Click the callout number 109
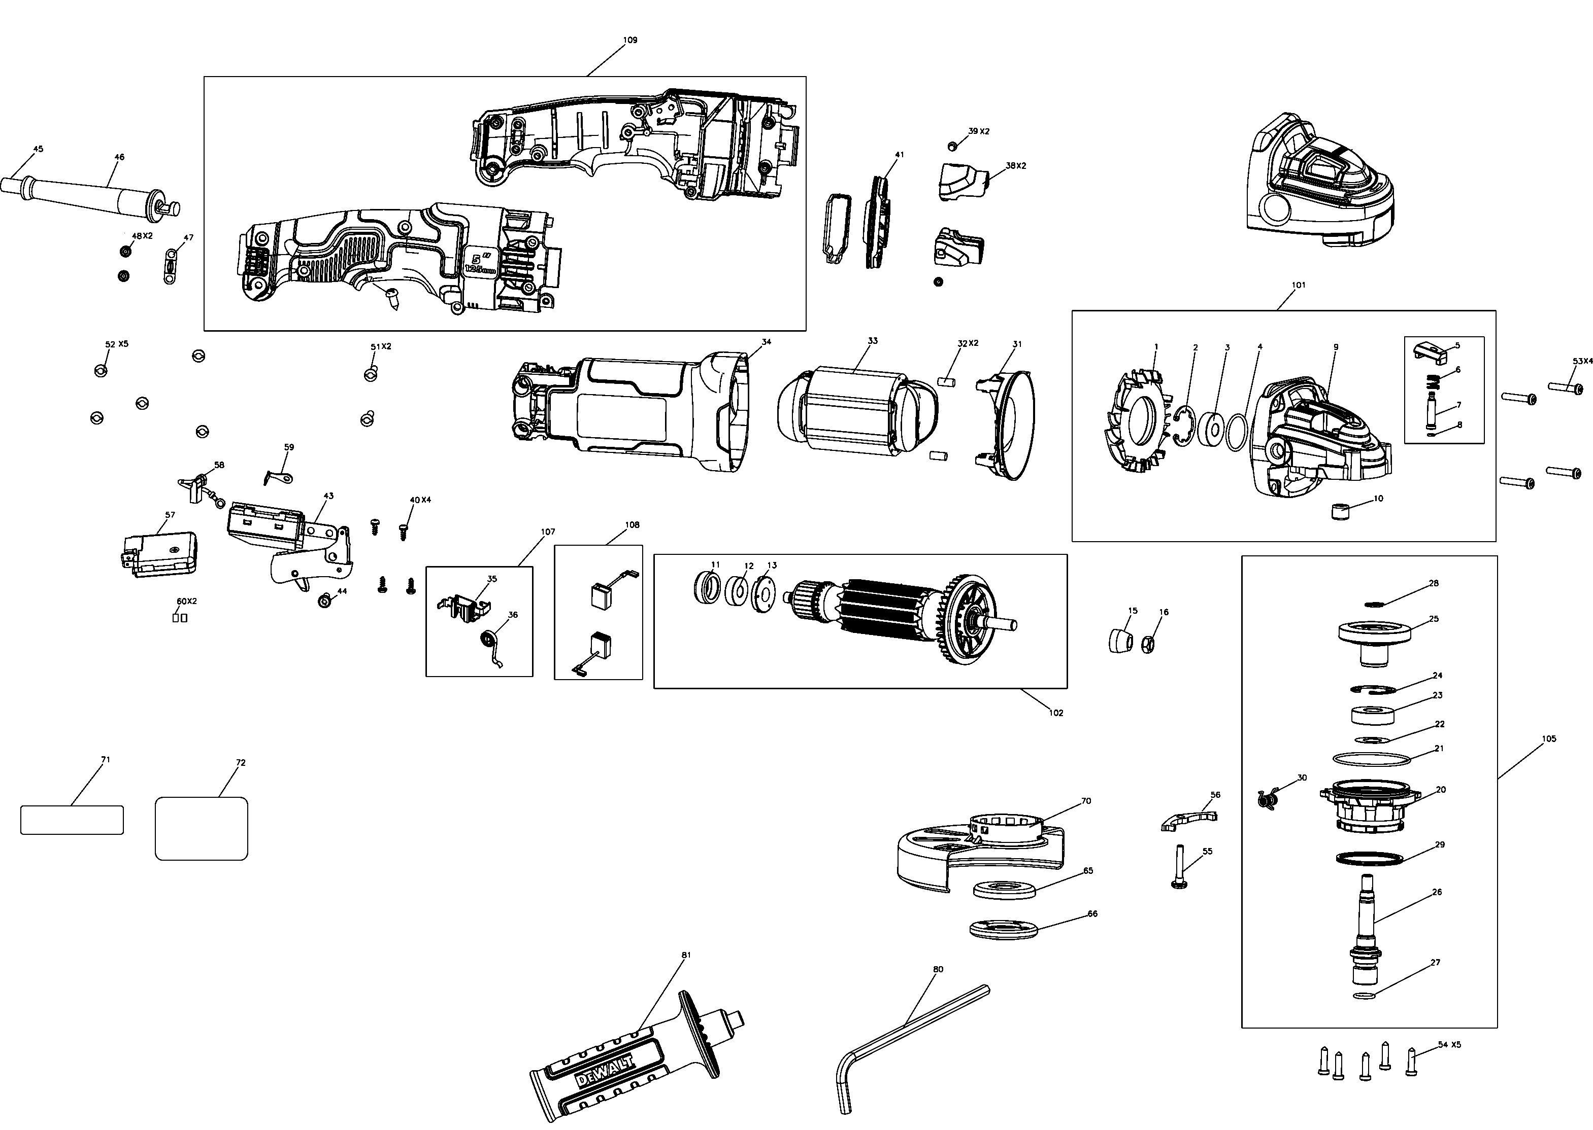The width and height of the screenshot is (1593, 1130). click(x=629, y=41)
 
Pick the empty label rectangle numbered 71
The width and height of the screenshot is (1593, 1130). click(x=72, y=820)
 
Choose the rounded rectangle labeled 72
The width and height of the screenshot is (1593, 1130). click(x=201, y=828)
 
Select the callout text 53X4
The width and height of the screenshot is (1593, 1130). click(x=1582, y=361)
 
